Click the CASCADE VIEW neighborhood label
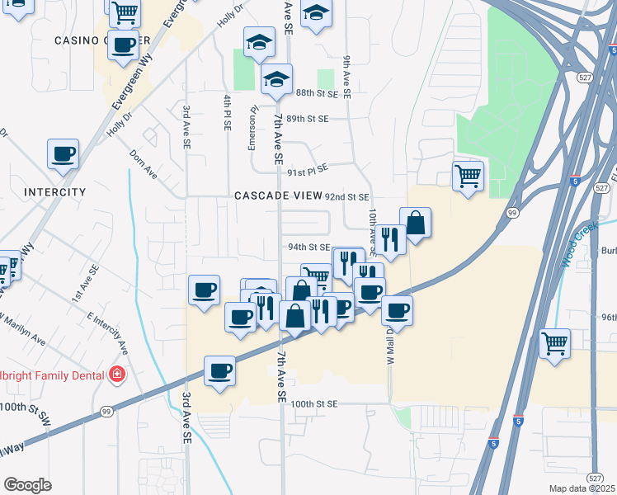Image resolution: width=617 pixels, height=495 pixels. (x=277, y=196)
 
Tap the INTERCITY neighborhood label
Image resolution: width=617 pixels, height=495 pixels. (x=55, y=192)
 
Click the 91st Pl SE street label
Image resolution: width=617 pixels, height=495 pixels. (x=307, y=168)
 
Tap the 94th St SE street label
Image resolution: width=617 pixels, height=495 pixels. (x=309, y=247)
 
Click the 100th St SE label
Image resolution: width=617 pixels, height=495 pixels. (x=314, y=404)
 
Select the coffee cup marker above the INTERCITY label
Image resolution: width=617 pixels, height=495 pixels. (x=63, y=153)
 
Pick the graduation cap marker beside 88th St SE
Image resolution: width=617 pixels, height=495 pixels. (x=277, y=79)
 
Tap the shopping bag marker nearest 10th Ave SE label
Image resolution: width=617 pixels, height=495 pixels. (x=415, y=223)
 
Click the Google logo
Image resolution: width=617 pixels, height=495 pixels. (x=28, y=485)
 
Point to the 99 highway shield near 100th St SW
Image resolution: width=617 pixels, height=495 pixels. (x=106, y=411)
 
